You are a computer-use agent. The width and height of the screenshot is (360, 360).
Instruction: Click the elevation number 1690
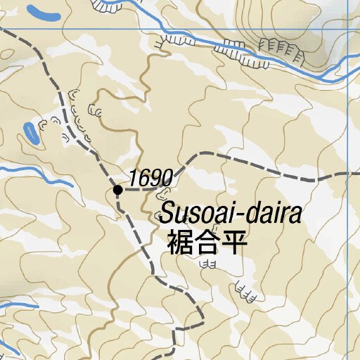coord(150,179)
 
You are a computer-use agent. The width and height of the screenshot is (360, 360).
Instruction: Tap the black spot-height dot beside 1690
coord(118,189)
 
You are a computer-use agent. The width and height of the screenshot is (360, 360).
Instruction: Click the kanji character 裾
coord(179,243)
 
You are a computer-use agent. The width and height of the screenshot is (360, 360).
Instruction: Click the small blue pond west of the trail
coord(31,131)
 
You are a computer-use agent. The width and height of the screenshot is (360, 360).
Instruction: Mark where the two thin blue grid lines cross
coord(348,29)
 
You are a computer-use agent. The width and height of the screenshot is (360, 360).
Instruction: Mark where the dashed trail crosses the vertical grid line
coord(348,174)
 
